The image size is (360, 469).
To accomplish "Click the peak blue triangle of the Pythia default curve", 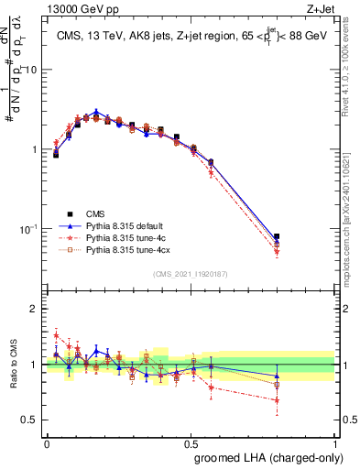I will [96, 113].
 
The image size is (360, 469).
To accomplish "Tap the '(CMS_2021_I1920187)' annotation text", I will [191, 273].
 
